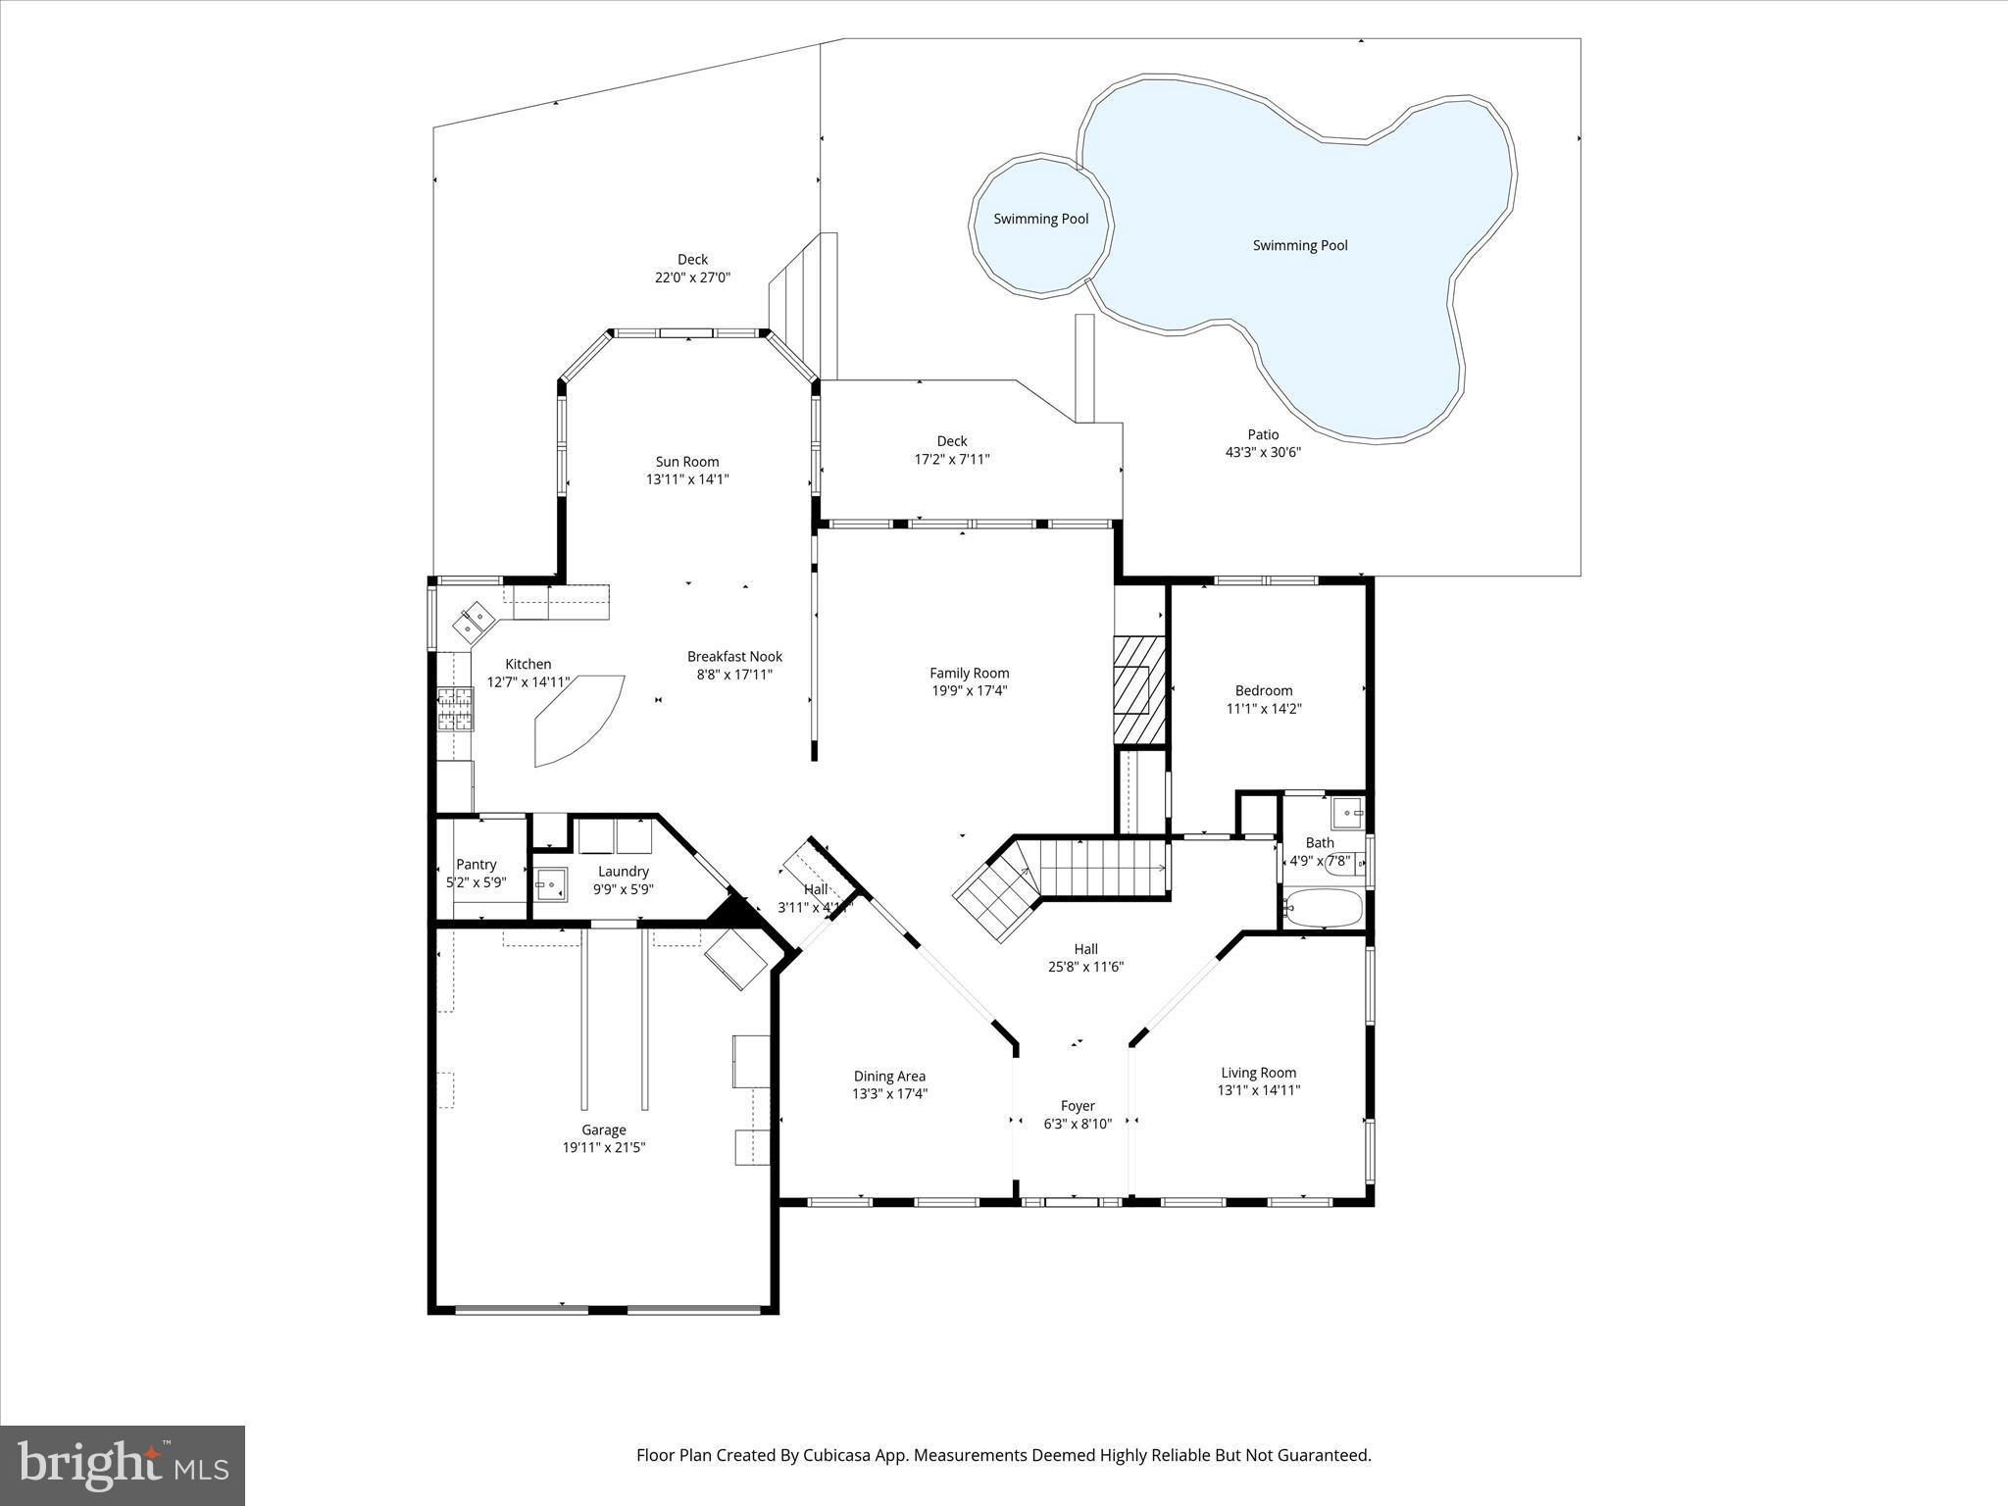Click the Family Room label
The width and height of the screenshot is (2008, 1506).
(x=969, y=673)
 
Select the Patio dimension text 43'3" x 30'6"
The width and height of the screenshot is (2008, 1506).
(x=1263, y=452)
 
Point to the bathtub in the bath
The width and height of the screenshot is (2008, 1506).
(x=1323, y=909)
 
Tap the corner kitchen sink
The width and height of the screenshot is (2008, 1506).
(x=476, y=620)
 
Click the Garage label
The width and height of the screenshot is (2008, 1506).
(x=603, y=1129)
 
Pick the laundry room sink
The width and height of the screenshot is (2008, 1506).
(x=551, y=884)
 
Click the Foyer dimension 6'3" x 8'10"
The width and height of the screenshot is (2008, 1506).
(x=1078, y=1124)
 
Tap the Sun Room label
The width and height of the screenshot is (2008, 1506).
(x=687, y=462)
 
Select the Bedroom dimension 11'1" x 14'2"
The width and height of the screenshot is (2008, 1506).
(x=1264, y=708)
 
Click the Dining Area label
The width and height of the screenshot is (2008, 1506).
(x=889, y=1076)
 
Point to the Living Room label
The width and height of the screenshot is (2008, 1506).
(x=1258, y=1073)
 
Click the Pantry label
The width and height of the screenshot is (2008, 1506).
(x=477, y=864)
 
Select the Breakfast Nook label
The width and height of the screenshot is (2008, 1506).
(x=734, y=657)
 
